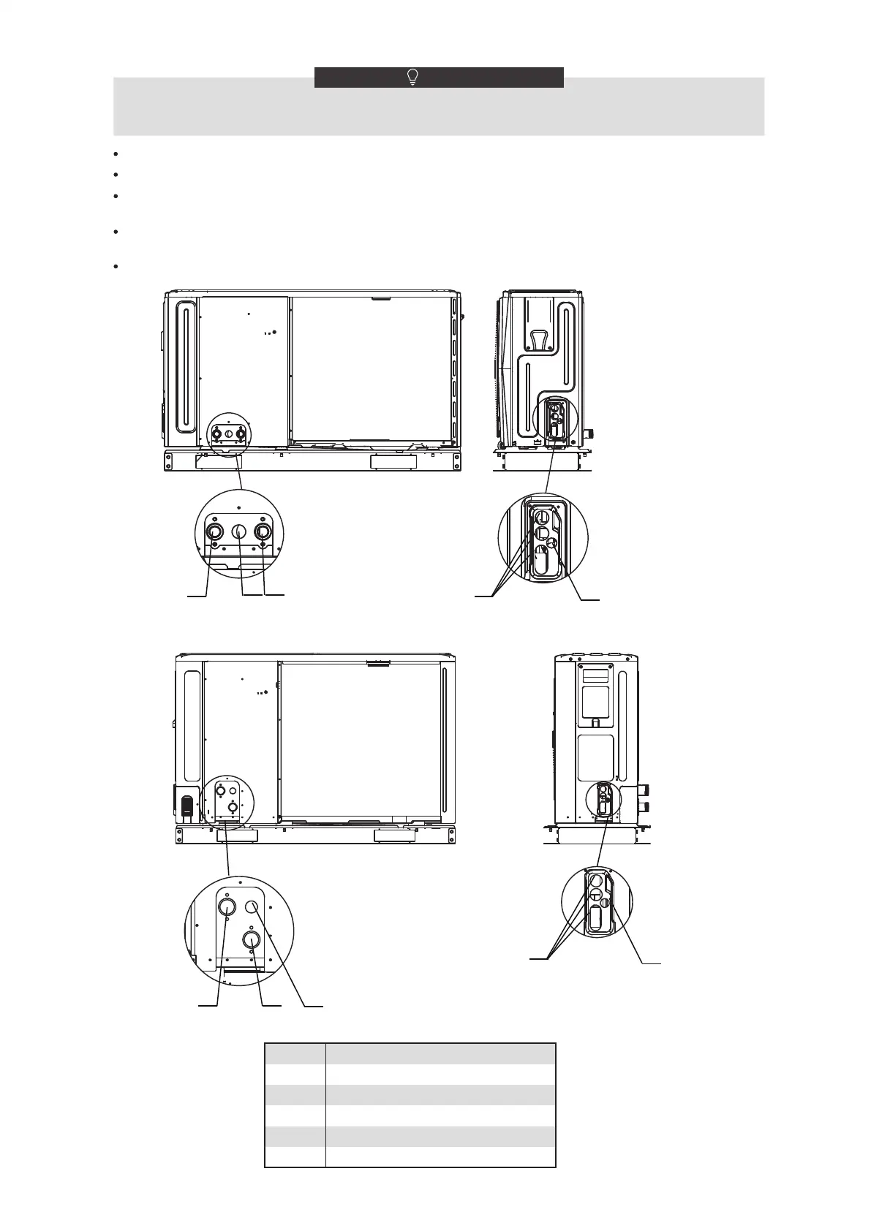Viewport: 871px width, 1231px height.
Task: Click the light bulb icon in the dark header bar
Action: [413, 77]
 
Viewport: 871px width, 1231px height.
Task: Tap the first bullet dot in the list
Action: [116, 154]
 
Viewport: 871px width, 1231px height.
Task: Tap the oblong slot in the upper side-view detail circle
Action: [542, 561]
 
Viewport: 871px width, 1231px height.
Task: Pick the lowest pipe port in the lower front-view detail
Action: [251, 939]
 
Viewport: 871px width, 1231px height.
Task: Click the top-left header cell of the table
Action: [295, 1054]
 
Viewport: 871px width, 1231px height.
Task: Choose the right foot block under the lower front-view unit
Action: [396, 835]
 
